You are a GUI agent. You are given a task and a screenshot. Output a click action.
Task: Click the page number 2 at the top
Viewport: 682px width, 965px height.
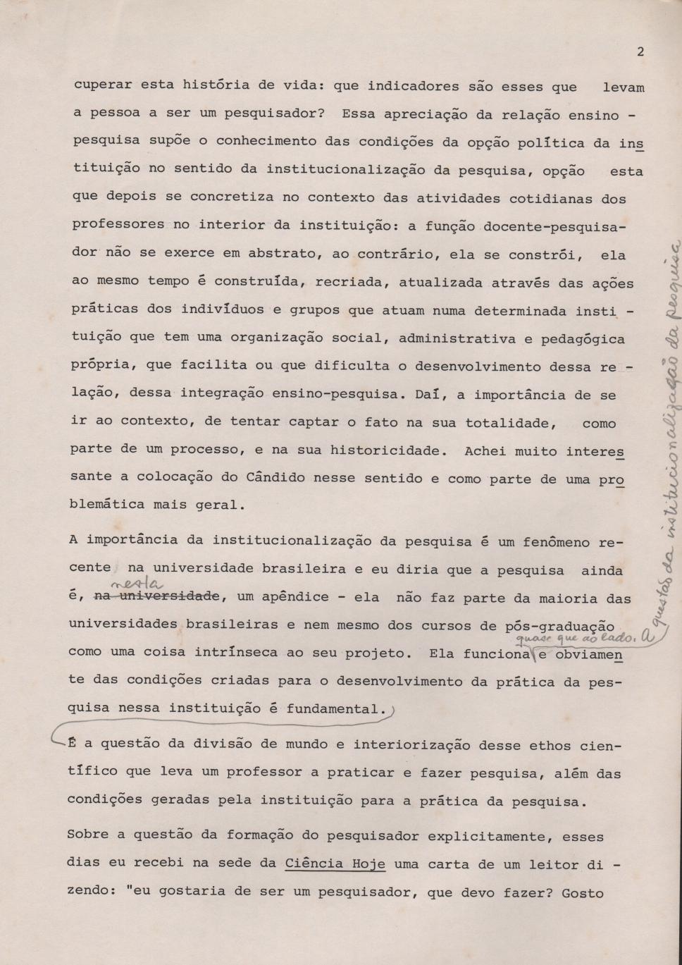click(x=640, y=51)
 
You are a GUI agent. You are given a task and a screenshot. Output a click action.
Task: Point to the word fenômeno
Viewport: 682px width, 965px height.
click(x=557, y=542)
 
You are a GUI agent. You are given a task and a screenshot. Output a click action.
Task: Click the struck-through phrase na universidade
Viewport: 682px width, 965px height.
click(x=158, y=597)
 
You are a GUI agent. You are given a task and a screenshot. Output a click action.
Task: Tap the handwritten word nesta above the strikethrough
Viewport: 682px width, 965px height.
click(x=138, y=584)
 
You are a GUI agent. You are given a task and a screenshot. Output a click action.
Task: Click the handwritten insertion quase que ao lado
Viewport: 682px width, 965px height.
click(x=576, y=639)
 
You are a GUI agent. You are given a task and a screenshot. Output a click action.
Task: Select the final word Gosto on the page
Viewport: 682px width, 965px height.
click(x=583, y=893)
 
